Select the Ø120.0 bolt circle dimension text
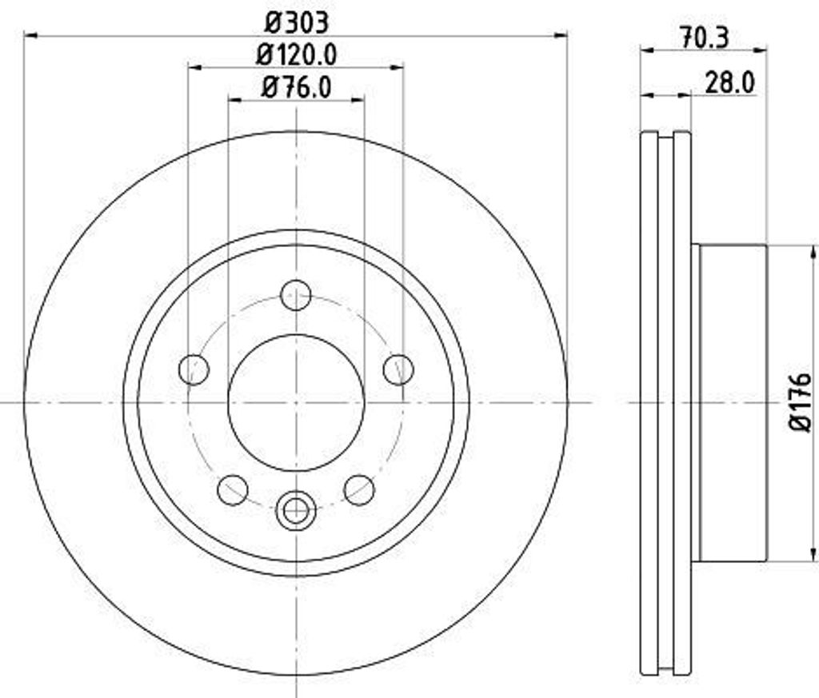pyautogui.click(x=296, y=54)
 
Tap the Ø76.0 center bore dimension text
pyautogui.click(x=296, y=86)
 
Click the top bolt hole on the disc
pyautogui.click(x=296, y=295)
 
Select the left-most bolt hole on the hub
pyautogui.click(x=194, y=369)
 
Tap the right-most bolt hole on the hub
pyautogui.click(x=398, y=369)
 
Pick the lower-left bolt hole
pyautogui.click(x=233, y=489)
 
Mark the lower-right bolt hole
pyautogui.click(x=359, y=489)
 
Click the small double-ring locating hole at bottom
pyautogui.click(x=296, y=510)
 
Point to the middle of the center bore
pyautogui.click(x=296, y=402)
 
